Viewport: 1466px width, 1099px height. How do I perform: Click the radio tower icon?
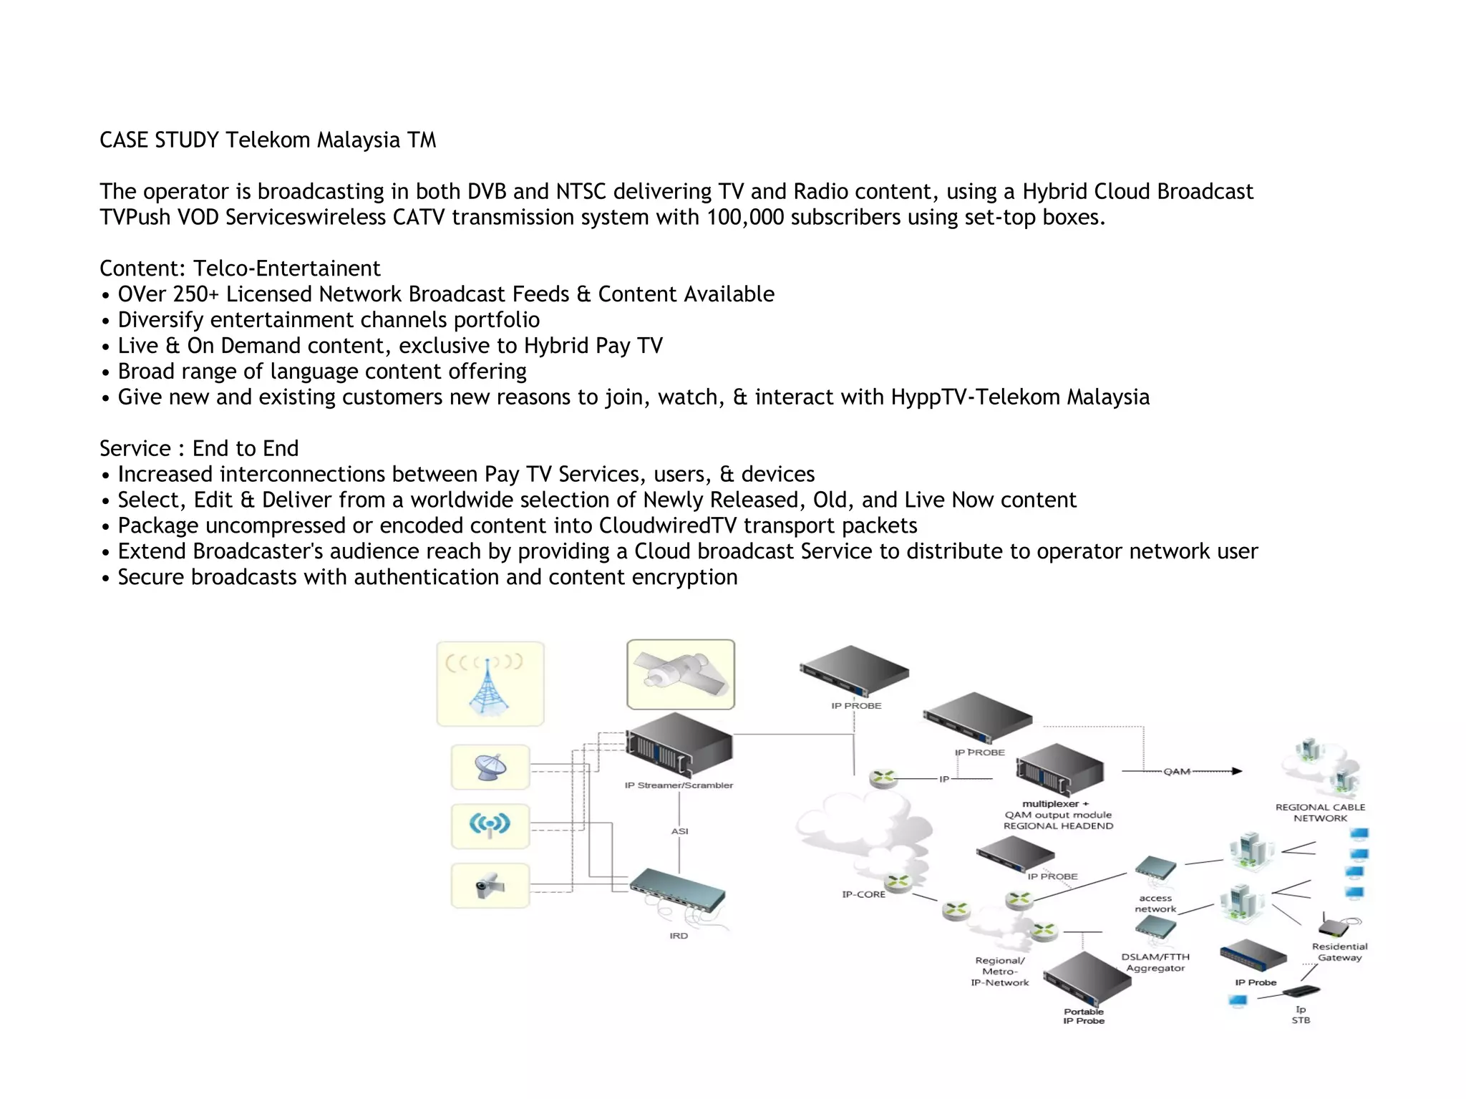tap(490, 684)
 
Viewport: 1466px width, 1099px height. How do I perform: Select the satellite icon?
tap(680, 674)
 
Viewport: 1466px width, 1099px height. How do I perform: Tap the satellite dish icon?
tap(490, 768)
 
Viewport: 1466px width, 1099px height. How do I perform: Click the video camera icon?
tap(490, 886)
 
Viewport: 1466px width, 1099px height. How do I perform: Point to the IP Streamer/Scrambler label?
tap(679, 785)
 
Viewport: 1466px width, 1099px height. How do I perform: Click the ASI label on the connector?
tap(679, 831)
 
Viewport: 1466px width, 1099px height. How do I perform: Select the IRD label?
tap(679, 936)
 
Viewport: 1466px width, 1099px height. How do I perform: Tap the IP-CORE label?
tap(863, 894)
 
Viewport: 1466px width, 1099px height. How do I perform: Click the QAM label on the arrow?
tap(1177, 772)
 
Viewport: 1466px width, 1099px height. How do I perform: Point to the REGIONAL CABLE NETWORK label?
tap(1320, 813)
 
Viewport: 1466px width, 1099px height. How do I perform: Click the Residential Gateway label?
tap(1339, 952)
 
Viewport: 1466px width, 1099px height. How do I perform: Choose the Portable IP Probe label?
tap(1084, 1016)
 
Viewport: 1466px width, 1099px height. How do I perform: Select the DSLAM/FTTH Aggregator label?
tap(1155, 962)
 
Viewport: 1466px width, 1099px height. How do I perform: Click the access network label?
tap(1155, 904)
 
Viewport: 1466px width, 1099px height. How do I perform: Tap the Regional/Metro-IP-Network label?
tap(1000, 972)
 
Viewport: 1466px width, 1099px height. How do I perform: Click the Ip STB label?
tap(1301, 1015)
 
